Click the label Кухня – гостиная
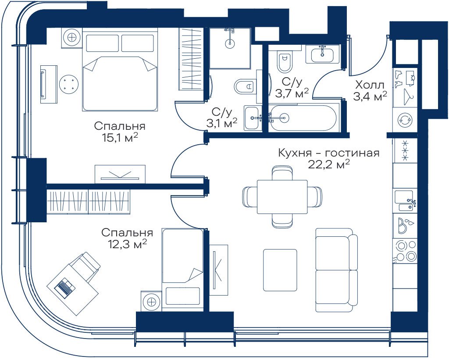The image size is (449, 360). pos(328,153)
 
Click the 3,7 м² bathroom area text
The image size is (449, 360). pos(292,93)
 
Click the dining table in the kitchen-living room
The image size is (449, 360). pos(282,197)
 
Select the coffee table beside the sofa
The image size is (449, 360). pos(280,270)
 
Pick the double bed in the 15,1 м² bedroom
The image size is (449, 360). pos(120,69)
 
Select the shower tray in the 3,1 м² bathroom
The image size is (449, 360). pos(230,48)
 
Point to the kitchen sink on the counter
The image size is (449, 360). pos(405,201)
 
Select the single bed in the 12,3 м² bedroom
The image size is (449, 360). pos(182,270)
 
